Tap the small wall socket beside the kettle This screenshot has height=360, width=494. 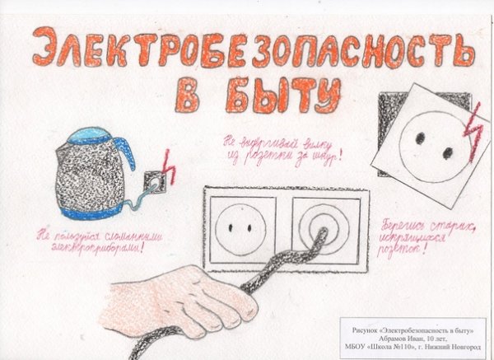pos(152,180)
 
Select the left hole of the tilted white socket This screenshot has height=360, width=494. pos(419,138)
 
